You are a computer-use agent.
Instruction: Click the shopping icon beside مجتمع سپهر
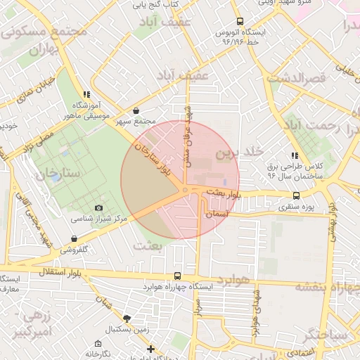point(136,110)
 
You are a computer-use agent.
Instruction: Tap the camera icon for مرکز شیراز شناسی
point(98,208)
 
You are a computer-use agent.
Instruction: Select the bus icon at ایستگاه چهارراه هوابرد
point(176,276)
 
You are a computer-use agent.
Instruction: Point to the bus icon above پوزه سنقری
point(295,196)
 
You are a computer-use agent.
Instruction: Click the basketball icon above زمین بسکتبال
point(126,319)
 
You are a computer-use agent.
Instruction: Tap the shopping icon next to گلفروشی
point(75,239)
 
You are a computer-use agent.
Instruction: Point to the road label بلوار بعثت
point(225,191)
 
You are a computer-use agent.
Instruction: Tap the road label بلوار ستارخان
point(157,159)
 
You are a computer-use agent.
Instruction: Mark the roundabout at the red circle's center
point(185,190)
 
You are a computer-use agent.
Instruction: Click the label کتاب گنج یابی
point(156,6)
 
